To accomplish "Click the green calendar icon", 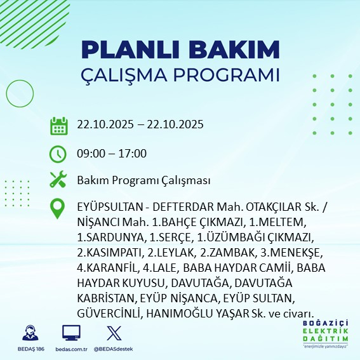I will (58, 125).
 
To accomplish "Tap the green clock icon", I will (58, 154).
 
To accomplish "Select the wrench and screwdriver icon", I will (58, 180).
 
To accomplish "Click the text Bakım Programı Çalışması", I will (143, 180).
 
